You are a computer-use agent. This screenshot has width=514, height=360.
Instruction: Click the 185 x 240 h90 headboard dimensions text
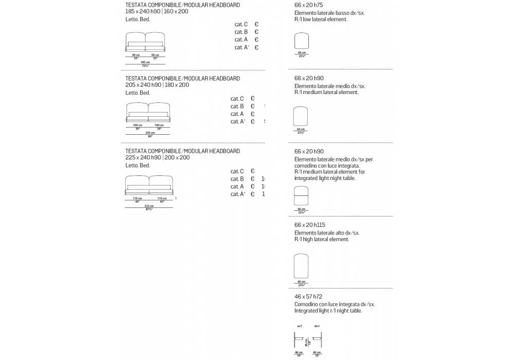[157, 11]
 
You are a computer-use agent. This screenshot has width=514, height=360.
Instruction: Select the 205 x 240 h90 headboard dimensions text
[157, 85]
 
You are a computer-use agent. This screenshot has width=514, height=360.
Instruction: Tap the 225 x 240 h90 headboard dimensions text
[157, 157]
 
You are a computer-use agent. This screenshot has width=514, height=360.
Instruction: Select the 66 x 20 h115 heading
[310, 225]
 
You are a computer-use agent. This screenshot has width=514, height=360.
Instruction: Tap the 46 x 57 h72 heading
[308, 297]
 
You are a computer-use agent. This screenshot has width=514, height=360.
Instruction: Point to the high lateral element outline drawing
[301, 266]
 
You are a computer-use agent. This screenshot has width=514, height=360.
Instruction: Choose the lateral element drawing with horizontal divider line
[301, 196]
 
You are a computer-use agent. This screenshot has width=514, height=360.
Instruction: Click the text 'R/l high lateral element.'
[322, 239]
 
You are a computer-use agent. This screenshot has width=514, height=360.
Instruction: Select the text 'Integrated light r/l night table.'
[328, 311]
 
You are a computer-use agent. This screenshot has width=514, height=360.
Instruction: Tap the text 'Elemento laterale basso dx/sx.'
[329, 12]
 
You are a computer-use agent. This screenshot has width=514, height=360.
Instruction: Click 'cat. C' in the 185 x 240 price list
[241, 24]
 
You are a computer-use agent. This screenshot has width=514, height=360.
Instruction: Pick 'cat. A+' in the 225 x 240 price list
[237, 194]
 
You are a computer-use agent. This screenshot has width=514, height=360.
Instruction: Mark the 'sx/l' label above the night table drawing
[300, 326]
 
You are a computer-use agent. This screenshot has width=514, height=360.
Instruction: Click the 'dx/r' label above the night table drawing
[317, 326]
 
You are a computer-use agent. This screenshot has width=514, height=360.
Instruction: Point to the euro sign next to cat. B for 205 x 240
[253, 106]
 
